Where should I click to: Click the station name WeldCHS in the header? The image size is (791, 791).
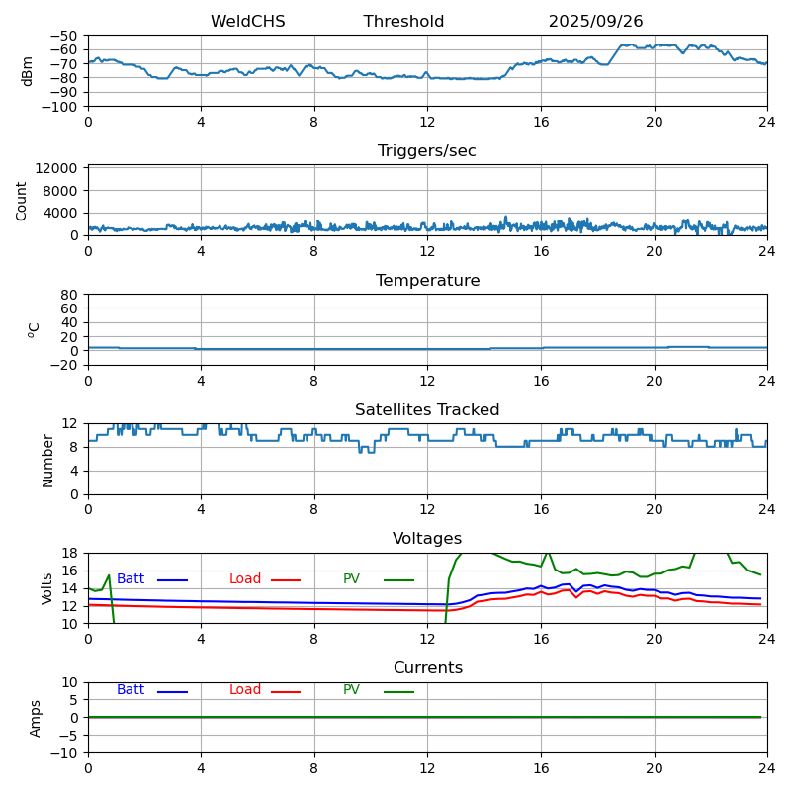point(247,22)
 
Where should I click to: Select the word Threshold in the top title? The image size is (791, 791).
point(403,22)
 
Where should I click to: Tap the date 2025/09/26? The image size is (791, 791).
point(595,22)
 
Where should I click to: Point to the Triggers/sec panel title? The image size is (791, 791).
point(427,151)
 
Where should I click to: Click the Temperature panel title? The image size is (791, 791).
point(427,281)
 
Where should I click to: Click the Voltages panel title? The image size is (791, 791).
point(427,539)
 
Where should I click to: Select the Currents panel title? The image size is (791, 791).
point(427,668)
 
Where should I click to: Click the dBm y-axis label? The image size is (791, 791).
point(28,71)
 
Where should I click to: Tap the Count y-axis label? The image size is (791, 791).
point(22,201)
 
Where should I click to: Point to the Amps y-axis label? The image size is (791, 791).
point(36,718)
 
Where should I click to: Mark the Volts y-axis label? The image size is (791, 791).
point(47,588)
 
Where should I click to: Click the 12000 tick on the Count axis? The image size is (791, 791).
point(58,169)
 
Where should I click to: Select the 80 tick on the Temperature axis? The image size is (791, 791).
point(70,295)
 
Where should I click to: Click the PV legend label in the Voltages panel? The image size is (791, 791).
point(351,579)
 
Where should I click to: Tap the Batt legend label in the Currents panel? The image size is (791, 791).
point(131,690)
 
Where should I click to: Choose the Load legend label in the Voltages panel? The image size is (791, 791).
point(245,579)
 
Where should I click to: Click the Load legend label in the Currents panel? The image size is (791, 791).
point(245,690)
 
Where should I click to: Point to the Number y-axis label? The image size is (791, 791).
point(47,460)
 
